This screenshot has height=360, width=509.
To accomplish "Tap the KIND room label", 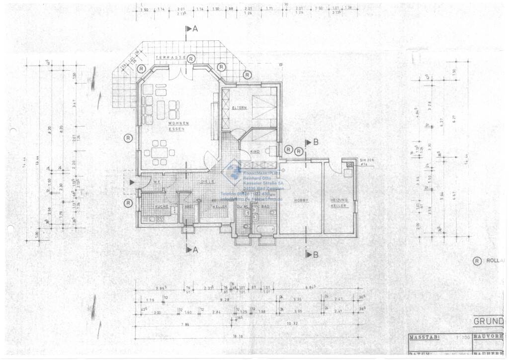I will (255, 151).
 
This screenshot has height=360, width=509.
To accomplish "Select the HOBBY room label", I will (301, 200).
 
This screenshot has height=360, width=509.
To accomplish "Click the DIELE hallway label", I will (208, 182).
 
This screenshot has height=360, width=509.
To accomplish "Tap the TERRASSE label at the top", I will (170, 58).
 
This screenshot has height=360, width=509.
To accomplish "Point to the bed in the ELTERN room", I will (263, 105).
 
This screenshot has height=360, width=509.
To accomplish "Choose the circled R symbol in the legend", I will (477, 261).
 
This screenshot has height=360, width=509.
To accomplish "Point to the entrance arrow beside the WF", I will (132, 182).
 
